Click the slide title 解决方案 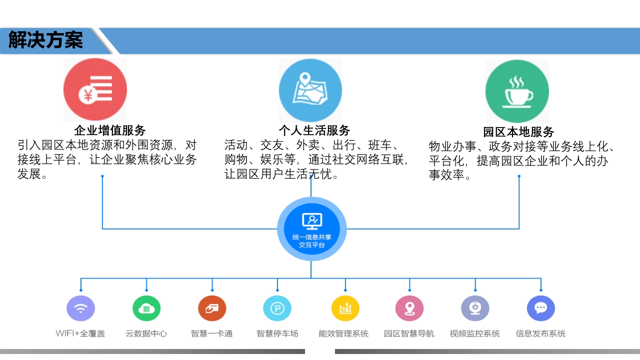point(45,39)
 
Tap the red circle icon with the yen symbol point(95,89)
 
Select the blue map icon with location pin point(310,90)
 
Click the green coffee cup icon point(517,91)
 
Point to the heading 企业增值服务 point(110,130)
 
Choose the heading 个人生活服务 point(314,130)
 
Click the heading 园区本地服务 point(518,132)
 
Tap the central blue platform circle point(311,229)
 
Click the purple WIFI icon point(80,308)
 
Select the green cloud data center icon point(146,308)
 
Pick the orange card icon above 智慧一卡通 point(212,308)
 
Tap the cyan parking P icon point(277,308)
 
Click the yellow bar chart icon point(345,308)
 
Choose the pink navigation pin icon point(409,308)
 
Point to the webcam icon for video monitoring point(475,308)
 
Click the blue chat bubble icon point(541,308)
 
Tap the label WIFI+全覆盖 point(80,333)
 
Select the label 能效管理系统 point(343,333)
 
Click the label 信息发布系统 point(540,333)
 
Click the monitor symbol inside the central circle point(312,221)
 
